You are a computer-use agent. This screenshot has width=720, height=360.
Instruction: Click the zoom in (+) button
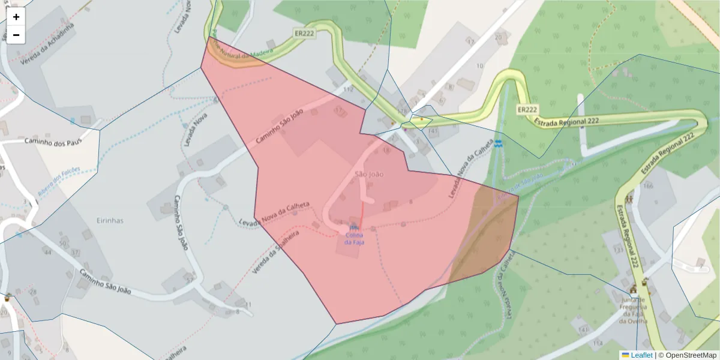point(16,17)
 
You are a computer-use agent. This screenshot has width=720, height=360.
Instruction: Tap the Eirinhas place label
point(110,220)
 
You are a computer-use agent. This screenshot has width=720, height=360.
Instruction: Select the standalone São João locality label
point(369,174)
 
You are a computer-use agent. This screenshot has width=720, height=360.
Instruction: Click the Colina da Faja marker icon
point(353,227)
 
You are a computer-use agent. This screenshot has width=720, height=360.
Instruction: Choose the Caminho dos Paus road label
point(52,141)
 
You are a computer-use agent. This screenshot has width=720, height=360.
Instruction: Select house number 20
point(498,37)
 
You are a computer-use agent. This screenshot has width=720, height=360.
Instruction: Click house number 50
point(64,243)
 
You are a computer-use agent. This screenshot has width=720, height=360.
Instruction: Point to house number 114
point(597,343)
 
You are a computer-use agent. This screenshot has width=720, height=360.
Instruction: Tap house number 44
point(47,253)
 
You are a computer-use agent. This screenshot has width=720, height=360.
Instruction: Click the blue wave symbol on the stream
point(499,143)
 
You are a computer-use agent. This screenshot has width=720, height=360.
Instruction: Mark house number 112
point(348,89)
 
